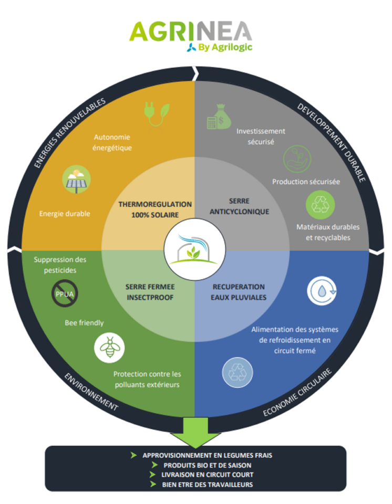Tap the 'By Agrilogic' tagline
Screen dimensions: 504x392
coord(220,48)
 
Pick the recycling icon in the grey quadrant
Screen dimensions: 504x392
coord(319,205)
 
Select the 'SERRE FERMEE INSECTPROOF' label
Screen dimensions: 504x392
coord(150,292)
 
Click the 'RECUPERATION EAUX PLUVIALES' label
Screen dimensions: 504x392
coord(239,292)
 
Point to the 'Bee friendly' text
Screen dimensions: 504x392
coord(84,323)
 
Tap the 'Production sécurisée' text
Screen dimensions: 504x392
coord(306,182)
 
